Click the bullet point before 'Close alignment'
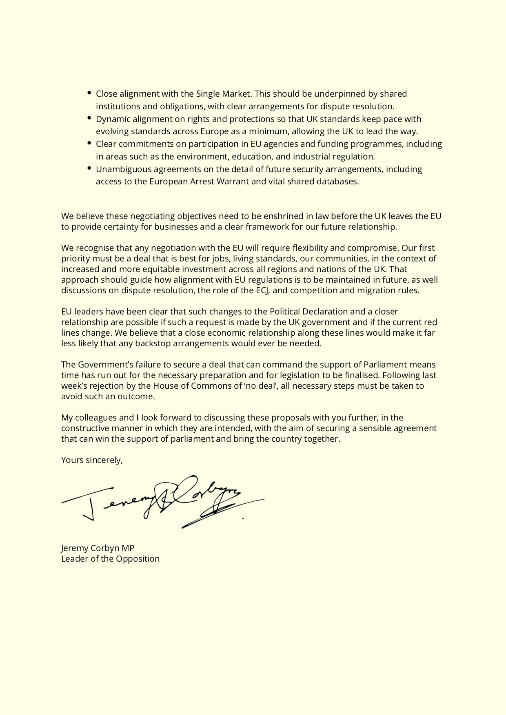click(x=89, y=93)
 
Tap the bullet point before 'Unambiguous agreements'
click(x=89, y=168)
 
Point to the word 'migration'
click(x=376, y=290)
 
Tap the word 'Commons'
click(x=220, y=386)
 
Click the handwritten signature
click(x=163, y=502)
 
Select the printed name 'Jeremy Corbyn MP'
click(x=98, y=548)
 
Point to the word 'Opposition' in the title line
click(x=138, y=559)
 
